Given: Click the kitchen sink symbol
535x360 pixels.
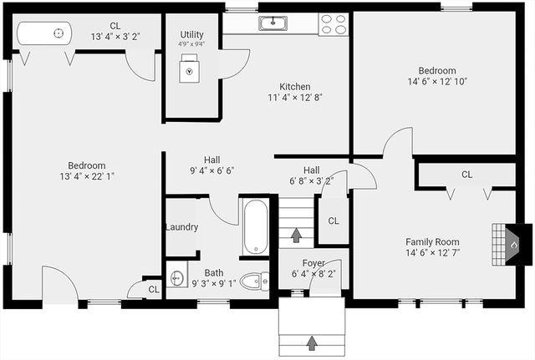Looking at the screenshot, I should coord(273,23).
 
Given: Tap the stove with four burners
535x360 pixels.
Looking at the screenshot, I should coord(334,24).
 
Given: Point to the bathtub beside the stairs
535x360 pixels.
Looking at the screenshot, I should coord(255,226).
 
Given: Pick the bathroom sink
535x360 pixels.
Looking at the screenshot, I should coord(176,278).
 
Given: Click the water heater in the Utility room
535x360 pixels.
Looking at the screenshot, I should coord(191,69).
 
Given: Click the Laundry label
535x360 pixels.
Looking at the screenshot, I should coord(181,227).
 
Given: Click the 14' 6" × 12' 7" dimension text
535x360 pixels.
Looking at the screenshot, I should coord(433,252).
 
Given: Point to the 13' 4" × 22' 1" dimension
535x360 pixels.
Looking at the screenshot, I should coord(86,176).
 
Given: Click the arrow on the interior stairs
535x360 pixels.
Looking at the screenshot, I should coord(296,234).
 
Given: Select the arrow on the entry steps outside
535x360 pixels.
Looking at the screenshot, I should coord(312,342).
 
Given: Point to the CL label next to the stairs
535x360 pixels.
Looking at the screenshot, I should coord(333,221).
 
